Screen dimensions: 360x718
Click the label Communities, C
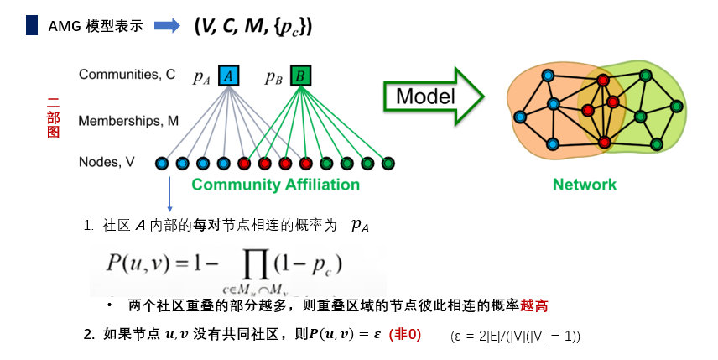coord(127,74)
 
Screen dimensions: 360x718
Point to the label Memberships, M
coord(128,121)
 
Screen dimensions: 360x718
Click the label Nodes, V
coord(107,162)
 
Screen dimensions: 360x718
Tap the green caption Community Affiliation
coord(275,185)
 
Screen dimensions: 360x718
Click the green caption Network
coord(585,185)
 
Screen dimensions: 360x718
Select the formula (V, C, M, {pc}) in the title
coord(252,26)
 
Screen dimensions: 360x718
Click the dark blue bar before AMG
coord(31,25)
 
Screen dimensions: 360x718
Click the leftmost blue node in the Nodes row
coord(161,163)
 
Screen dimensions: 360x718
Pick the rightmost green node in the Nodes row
coord(388,163)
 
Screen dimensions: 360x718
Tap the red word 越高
coord(538,306)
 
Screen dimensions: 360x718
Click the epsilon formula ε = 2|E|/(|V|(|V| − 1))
coord(515,336)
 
